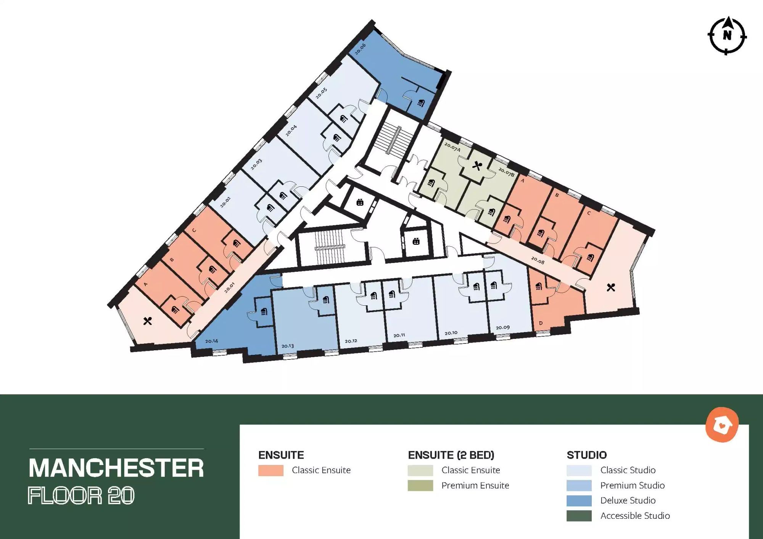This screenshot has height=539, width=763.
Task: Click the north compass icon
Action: point(727,36)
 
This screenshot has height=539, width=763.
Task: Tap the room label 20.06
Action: point(360,49)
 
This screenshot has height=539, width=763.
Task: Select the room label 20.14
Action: point(211,341)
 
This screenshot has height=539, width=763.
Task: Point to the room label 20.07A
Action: point(452,147)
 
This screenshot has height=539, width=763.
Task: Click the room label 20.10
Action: point(451,333)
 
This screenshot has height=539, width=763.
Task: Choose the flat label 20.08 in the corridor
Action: point(538,260)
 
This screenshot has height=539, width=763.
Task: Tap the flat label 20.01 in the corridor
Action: point(229,287)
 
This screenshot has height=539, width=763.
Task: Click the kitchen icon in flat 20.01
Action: point(148,321)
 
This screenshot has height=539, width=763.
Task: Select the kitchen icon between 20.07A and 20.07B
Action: point(477,166)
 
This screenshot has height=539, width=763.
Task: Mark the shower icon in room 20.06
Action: point(421,103)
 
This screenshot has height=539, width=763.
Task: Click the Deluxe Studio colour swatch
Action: point(579,500)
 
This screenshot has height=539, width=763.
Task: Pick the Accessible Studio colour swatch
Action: point(579,516)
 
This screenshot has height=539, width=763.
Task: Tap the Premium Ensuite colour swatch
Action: point(420,486)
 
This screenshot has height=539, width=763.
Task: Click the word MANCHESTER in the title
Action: point(116,468)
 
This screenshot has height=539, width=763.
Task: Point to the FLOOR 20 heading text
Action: point(81,496)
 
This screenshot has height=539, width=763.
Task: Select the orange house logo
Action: point(722,425)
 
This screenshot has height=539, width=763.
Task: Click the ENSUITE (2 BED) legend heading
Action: point(451,455)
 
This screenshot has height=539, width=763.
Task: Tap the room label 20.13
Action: point(288,346)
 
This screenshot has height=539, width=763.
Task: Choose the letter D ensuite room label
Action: point(541,323)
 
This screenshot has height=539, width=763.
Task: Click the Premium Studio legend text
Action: point(633,485)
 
